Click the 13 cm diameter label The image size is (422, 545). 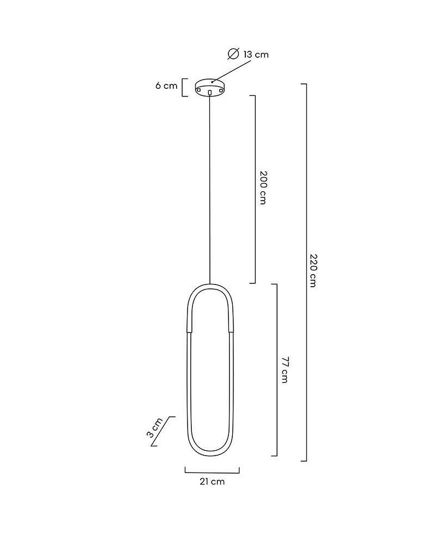point(256,55)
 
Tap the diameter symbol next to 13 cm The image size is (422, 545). point(233,54)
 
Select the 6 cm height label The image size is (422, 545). point(166,86)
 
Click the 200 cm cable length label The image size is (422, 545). point(263,187)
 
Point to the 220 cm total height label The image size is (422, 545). point(313,271)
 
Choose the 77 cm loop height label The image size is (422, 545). point(285,370)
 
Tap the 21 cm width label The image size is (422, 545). point(212,481)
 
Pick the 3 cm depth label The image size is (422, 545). point(154,427)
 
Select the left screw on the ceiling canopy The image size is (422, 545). point(199,90)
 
